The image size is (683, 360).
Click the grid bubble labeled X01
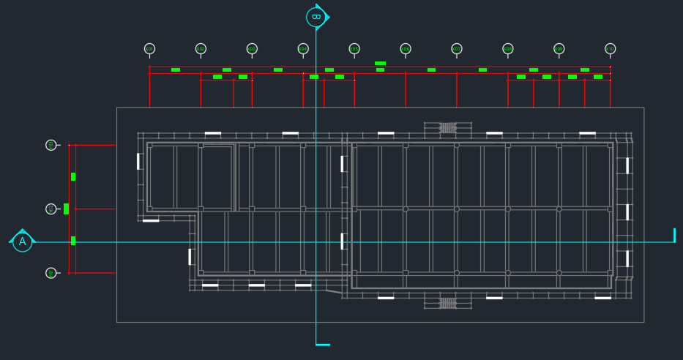(149, 49)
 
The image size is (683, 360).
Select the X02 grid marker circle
(201, 49)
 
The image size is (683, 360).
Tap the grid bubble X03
(252, 49)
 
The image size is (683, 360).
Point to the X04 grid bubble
(303, 49)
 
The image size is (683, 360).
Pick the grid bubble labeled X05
(354, 49)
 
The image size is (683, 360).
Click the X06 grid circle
(406, 49)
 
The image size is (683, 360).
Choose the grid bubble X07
(457, 49)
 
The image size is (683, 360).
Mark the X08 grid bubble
(508, 49)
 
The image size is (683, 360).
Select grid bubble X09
(559, 49)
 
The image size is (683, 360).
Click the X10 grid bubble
(611, 49)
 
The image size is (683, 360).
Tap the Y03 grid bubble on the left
(51, 145)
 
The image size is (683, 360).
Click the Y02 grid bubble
(51, 209)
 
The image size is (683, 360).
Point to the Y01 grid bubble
(51, 273)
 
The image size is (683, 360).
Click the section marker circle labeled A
(23, 242)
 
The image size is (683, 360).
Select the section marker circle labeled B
(316, 17)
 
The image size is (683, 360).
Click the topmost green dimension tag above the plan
(380, 64)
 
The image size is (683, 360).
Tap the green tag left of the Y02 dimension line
(66, 209)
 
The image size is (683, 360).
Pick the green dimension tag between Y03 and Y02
(73, 176)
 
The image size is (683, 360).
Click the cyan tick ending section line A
(674, 235)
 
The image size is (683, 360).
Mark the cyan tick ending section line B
(323, 345)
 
